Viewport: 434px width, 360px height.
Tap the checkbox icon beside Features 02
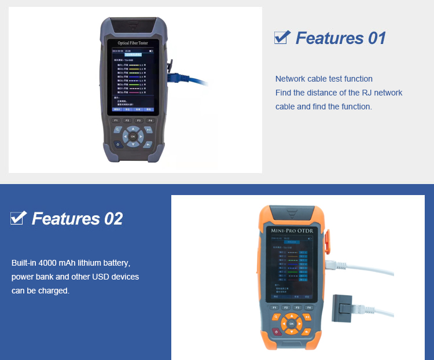click(19, 218)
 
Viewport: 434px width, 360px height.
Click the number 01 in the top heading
click(377, 38)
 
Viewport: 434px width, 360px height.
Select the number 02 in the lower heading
click(113, 219)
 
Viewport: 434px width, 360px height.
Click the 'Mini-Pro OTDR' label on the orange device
click(291, 232)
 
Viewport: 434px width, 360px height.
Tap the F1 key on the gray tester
click(116, 120)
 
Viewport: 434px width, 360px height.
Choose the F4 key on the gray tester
click(150, 120)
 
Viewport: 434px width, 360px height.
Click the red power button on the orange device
click(275, 332)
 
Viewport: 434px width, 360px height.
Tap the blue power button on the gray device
click(118, 144)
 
